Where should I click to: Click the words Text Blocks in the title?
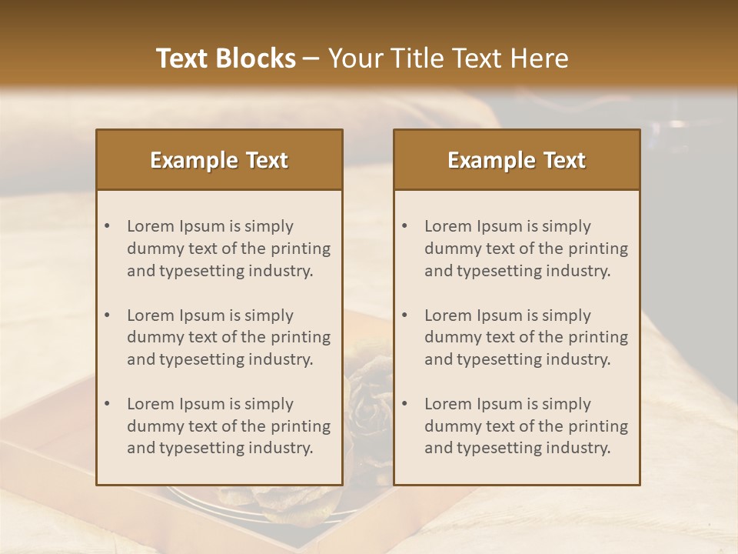[226, 58]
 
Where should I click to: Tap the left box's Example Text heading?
[219, 160]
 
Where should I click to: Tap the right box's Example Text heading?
[517, 160]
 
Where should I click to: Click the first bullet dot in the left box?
[107, 226]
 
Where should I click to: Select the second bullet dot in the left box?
[107, 315]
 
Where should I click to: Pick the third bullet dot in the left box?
[107, 404]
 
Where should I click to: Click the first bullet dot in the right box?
[404, 226]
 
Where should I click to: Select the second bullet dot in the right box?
[404, 315]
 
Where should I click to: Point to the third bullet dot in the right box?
[404, 404]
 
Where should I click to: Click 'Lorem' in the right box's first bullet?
[448, 226]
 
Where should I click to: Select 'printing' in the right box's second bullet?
[598, 337]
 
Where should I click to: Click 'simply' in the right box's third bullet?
[567, 404]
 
